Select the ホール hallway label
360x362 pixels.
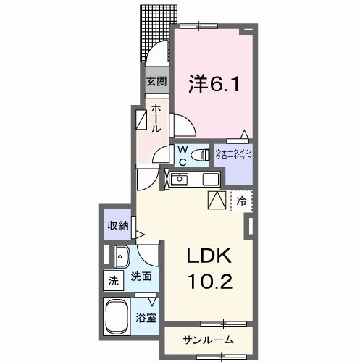pyautogui.click(x=156, y=118)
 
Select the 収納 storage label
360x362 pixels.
pyautogui.click(x=117, y=226)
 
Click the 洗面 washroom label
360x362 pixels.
pyautogui.click(x=141, y=276)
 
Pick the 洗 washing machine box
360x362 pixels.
pyautogui.click(x=113, y=280)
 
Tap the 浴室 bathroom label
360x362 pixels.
pyautogui.click(x=146, y=317)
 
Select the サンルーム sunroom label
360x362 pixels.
pyautogui.click(x=207, y=340)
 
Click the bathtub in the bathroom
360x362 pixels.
pyautogui.click(x=119, y=316)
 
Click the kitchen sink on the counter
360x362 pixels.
pyautogui.click(x=179, y=180)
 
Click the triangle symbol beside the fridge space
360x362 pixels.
pyautogui.click(x=217, y=201)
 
